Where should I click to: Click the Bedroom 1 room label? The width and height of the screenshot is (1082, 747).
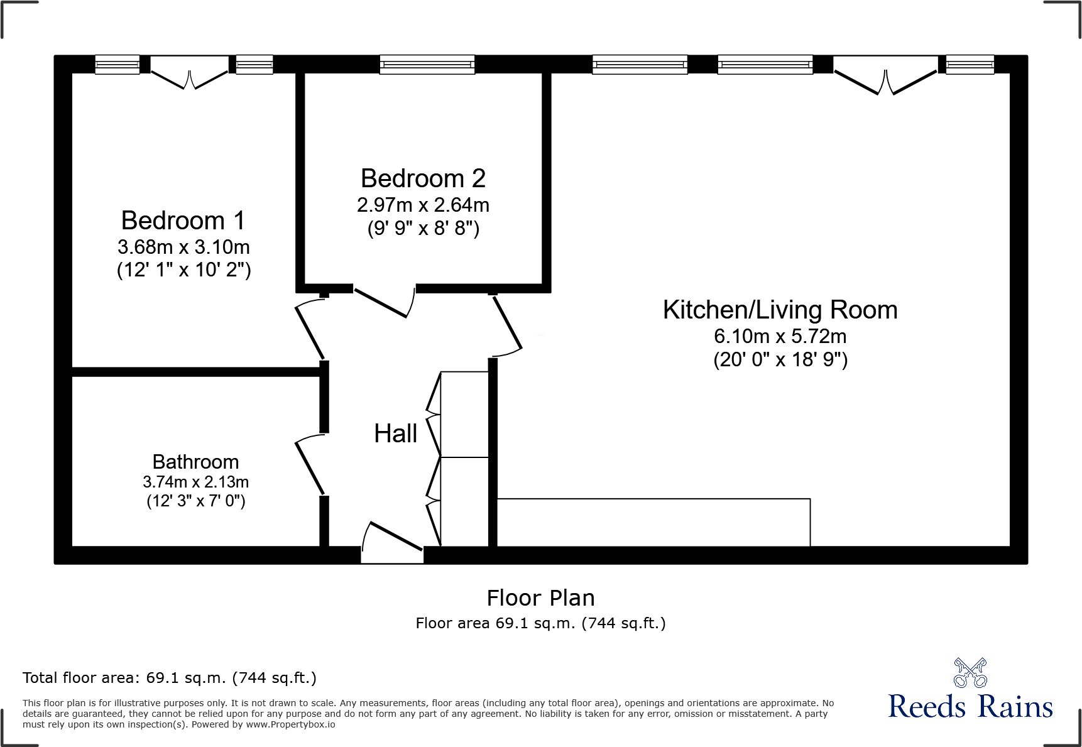183,221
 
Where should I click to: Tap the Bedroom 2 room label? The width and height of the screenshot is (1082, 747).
423,179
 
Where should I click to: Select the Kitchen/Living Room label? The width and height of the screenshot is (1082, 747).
780,310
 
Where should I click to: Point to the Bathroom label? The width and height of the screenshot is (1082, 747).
195,462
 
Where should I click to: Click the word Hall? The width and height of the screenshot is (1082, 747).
395,433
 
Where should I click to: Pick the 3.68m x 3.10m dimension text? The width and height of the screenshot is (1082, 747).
183,247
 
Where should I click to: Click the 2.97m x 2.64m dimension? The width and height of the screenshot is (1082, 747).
423,205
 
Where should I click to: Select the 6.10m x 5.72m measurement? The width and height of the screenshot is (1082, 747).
780,337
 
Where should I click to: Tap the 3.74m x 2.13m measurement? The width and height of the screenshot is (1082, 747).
195,482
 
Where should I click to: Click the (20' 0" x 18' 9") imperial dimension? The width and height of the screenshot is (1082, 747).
780,360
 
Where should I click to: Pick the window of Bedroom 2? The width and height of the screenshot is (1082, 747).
427,64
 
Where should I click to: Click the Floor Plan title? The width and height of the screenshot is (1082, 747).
540,598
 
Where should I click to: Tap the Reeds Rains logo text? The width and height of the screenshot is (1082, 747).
970,707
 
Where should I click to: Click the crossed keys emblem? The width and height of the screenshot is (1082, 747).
970,673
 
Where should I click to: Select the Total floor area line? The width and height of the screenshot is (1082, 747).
170,678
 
